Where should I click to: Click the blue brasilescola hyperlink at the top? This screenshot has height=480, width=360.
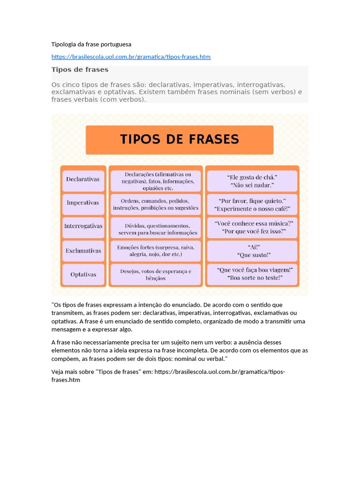(131, 57)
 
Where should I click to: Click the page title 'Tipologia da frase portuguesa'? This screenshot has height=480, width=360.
(91, 44)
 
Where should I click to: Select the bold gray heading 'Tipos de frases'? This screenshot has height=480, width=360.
(80, 69)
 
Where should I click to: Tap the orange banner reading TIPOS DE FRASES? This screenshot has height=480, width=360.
(180, 140)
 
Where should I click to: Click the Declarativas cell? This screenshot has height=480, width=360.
(83, 180)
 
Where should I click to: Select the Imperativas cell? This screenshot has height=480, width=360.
(83, 203)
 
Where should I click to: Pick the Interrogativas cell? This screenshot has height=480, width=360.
(83, 226)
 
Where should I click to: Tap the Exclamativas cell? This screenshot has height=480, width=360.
(83, 251)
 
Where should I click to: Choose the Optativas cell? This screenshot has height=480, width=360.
(83, 275)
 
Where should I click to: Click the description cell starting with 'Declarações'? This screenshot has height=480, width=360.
(156, 181)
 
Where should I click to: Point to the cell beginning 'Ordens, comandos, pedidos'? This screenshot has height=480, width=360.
(156, 204)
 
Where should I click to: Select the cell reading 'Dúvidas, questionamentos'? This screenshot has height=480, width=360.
(156, 229)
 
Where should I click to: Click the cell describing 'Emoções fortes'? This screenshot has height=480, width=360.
(156, 251)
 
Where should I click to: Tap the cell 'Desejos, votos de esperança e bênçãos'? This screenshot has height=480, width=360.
(156, 275)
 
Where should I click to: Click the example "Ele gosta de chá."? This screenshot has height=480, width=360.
(252, 177)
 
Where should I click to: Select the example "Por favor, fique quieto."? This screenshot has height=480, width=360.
(253, 201)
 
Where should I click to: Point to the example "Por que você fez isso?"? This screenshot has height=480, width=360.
(254, 232)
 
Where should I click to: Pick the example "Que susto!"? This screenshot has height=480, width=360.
(253, 255)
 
